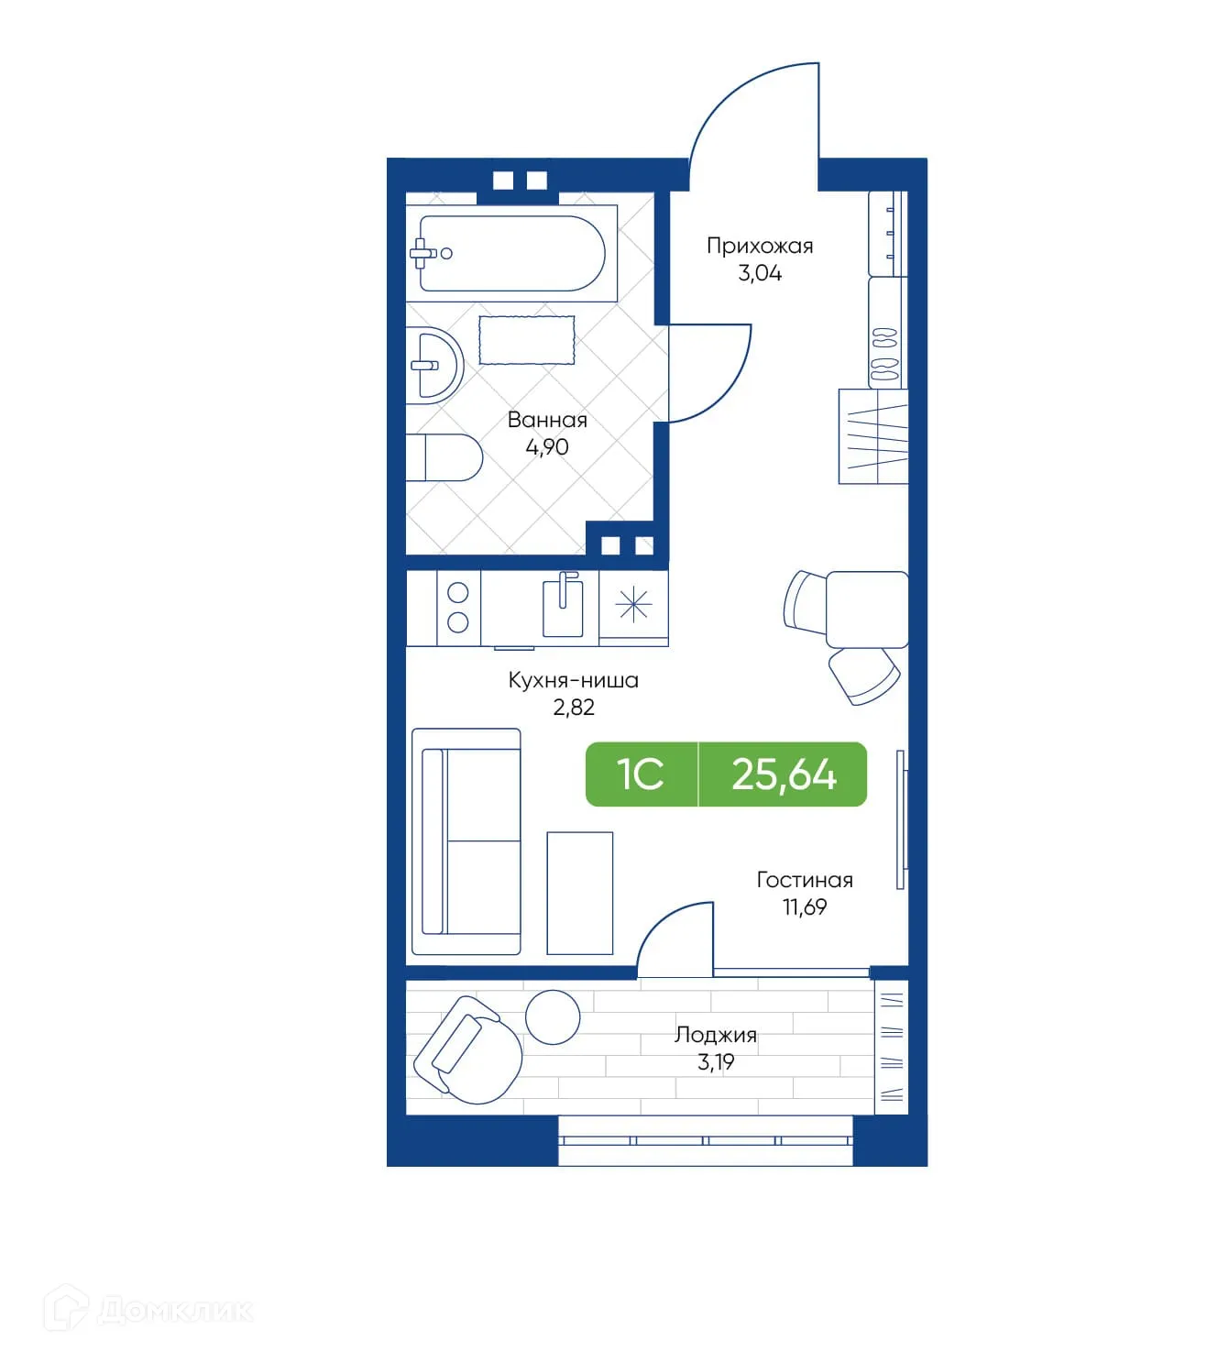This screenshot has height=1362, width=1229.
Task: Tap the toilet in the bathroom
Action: [x=446, y=456]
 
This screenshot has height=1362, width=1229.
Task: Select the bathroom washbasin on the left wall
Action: [x=434, y=365]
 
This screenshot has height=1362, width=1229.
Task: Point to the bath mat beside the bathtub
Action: [x=526, y=339]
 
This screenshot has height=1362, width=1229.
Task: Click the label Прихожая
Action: [x=759, y=246]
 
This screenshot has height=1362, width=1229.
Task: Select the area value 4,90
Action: [x=546, y=447]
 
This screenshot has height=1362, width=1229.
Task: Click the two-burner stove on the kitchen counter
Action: [x=457, y=607]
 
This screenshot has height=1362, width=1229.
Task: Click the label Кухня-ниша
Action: [x=573, y=680]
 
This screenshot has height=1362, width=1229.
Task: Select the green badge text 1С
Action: [x=640, y=774]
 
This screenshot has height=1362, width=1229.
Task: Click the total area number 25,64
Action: [x=784, y=774]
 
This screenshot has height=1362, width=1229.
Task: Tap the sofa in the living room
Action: [x=467, y=841]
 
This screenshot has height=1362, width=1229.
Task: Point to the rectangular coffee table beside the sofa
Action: [x=579, y=893]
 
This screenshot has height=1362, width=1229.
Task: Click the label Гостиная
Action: [x=804, y=880]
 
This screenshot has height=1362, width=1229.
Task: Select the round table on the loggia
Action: [x=553, y=1016]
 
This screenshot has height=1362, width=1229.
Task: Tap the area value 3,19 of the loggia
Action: [x=716, y=1062]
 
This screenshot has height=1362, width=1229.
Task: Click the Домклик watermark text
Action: [x=174, y=1310]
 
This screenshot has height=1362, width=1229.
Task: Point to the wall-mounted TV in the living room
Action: [x=901, y=819]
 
